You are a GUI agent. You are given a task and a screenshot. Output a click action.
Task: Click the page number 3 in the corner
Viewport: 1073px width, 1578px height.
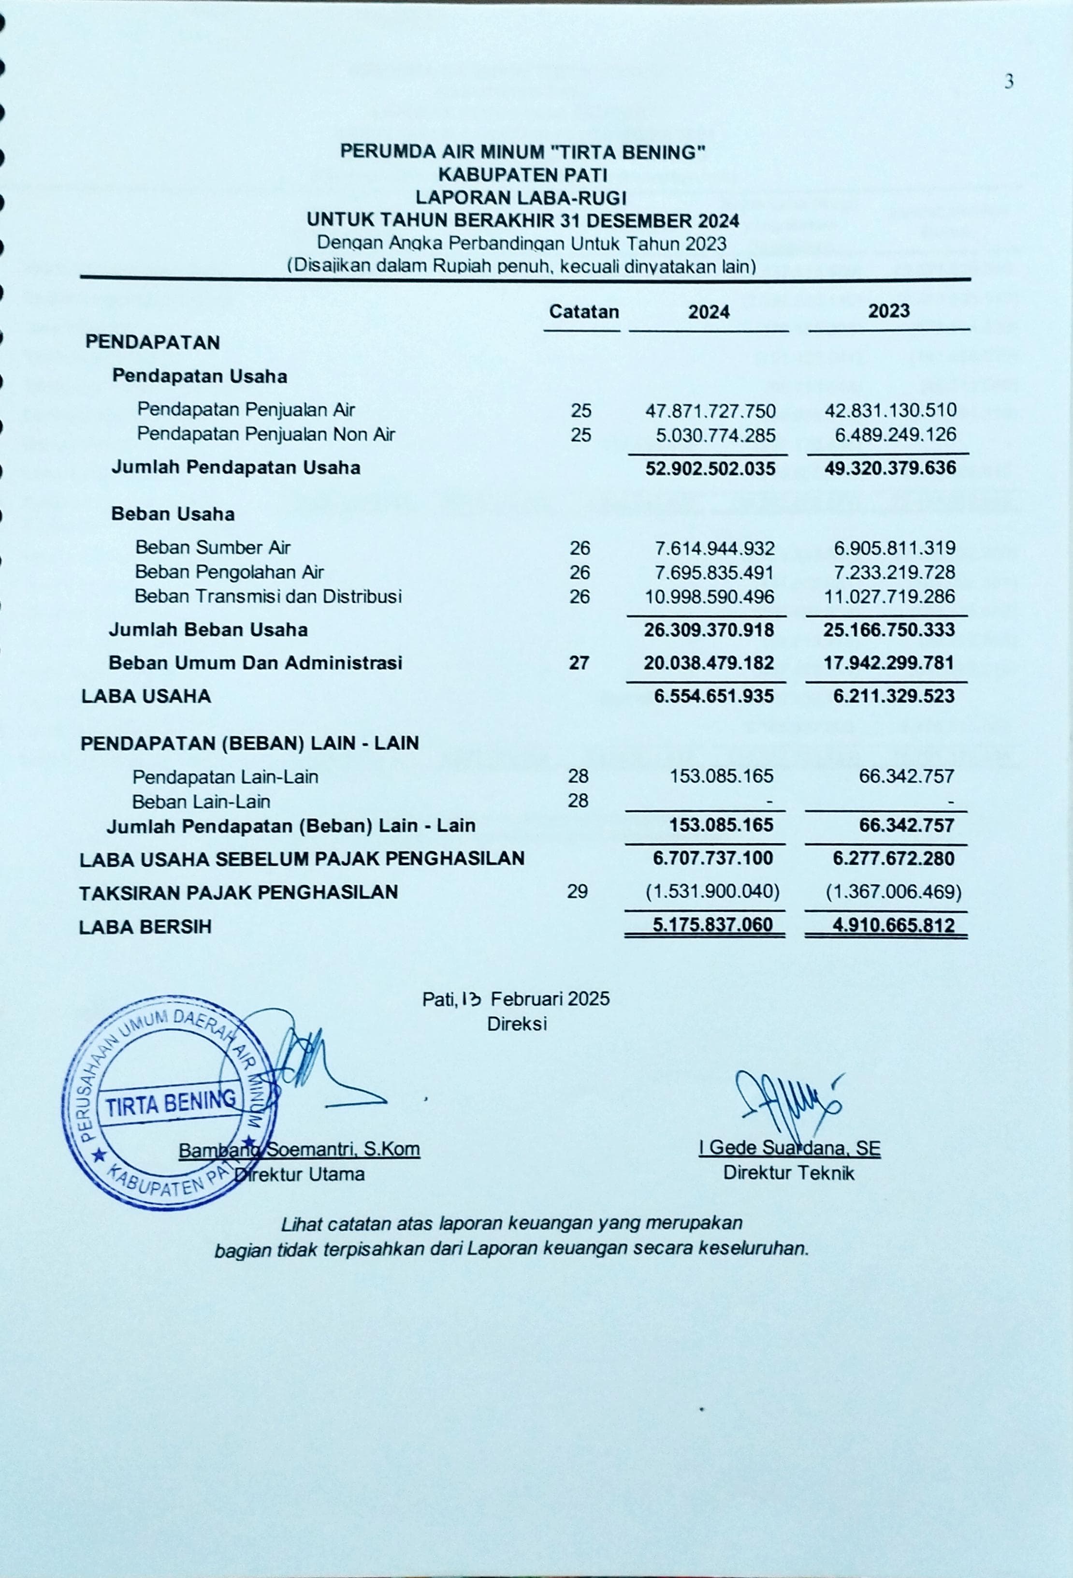click(1009, 82)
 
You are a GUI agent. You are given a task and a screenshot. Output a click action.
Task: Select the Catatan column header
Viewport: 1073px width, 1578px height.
click(584, 312)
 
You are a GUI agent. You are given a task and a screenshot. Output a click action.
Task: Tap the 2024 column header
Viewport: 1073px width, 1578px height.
click(709, 312)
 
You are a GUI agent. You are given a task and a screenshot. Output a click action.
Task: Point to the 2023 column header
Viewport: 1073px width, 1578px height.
click(888, 311)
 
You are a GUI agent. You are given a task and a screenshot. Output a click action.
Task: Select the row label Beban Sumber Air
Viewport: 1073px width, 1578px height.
click(213, 547)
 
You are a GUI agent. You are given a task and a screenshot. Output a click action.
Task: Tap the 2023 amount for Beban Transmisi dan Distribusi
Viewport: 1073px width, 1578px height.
click(889, 597)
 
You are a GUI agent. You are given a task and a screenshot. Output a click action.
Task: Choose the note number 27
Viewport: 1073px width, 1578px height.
click(579, 663)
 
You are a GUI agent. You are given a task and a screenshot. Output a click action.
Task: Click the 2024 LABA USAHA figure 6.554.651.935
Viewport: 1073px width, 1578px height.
click(713, 696)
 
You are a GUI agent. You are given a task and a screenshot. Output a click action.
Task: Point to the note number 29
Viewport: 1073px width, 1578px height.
click(577, 891)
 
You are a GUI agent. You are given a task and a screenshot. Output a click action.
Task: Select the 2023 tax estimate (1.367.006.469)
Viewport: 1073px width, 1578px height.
click(893, 891)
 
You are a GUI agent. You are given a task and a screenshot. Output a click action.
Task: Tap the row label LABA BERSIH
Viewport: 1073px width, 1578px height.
click(145, 927)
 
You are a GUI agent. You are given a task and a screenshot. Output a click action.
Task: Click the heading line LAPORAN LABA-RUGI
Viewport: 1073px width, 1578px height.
click(521, 198)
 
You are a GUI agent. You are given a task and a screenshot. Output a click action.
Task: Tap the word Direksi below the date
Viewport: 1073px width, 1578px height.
click(517, 1024)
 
